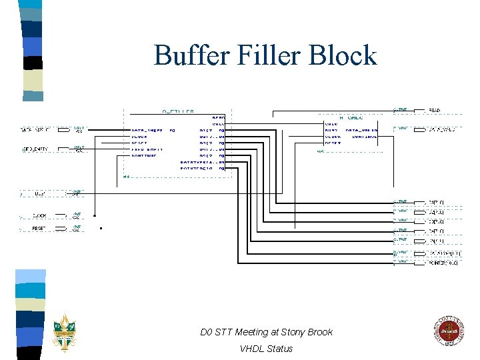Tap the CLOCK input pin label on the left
pyautogui.click(x=39, y=216)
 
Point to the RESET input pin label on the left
pyautogui.click(x=39, y=229)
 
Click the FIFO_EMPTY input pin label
pyautogui.click(x=36, y=149)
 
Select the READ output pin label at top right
pyautogui.click(x=434, y=110)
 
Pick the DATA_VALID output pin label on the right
pyautogui.click(x=441, y=129)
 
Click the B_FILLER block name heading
pyautogui.click(x=178, y=111)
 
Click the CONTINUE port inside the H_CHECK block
pyautogui.click(x=364, y=136)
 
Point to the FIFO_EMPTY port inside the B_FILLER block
pyautogui.click(x=147, y=149)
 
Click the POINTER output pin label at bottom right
pyautogui.click(x=443, y=263)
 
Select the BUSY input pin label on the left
pyautogui.click(x=40, y=194)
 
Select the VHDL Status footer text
pyautogui.click(x=266, y=349)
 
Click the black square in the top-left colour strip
pyautogui.click(x=33, y=63)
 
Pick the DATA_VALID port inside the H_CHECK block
pyautogui.click(x=361, y=130)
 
